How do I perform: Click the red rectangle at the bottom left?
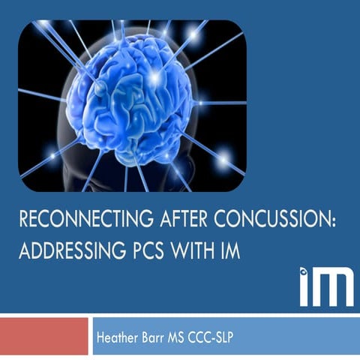click(44, 336)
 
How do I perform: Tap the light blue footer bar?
click(300, 336)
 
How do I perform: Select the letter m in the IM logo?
click(334, 289)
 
